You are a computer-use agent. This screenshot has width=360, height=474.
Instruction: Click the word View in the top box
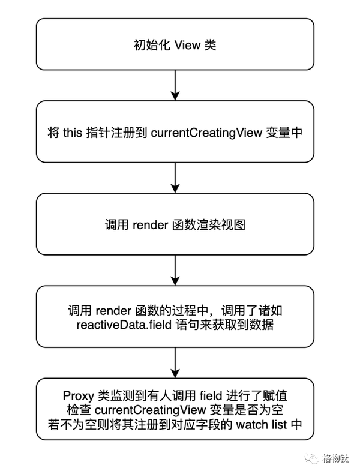click(187, 46)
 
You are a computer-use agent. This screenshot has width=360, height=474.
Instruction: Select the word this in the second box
click(73, 133)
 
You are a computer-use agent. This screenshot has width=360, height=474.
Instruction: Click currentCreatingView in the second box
click(206, 133)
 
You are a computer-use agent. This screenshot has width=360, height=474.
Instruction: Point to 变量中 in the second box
click(284, 133)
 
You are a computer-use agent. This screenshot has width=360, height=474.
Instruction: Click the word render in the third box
click(150, 225)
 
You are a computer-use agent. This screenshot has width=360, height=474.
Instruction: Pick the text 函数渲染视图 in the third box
click(209, 225)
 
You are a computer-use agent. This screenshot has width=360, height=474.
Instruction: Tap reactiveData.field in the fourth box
click(124, 325)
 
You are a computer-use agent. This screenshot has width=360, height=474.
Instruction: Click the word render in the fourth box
click(113, 311)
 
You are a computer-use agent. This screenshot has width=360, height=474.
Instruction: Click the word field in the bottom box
click(211, 395)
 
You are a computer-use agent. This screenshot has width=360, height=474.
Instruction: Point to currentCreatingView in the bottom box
click(150, 410)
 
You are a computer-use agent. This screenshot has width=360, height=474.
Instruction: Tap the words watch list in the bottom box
click(262, 424)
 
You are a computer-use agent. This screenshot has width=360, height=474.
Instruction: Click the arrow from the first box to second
click(175, 85)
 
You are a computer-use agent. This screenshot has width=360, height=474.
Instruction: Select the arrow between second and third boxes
click(175, 178)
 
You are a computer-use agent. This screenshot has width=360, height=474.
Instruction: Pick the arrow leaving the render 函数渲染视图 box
click(175, 270)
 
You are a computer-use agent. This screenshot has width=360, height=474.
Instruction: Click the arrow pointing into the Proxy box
click(175, 363)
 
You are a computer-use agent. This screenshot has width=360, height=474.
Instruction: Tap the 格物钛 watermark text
click(335, 458)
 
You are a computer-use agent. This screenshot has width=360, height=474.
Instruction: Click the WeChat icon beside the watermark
click(311, 458)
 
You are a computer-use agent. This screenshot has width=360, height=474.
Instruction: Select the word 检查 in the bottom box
click(79, 410)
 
